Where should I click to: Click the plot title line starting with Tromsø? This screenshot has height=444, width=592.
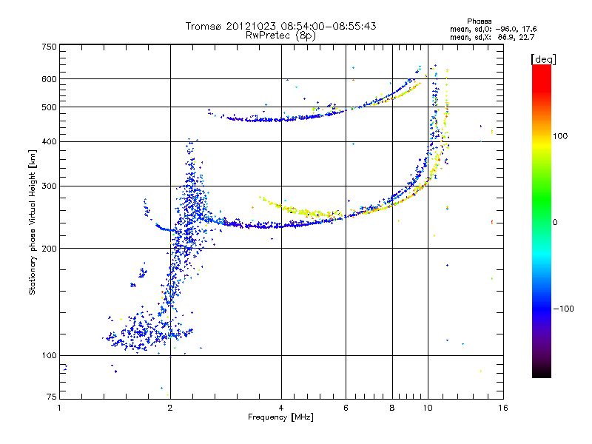[280, 26]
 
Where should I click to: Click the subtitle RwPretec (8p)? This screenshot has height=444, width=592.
[280, 35]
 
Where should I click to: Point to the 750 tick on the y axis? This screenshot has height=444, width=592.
[49, 47]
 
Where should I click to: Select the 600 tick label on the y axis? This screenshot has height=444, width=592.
[49, 79]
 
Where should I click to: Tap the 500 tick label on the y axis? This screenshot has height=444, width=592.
[49, 107]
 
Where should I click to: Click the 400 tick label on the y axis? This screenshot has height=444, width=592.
[49, 142]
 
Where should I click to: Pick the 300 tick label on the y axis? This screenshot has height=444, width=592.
[49, 186]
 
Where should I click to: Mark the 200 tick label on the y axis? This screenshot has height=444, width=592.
[49, 249]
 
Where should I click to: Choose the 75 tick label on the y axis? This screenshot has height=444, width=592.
[51, 397]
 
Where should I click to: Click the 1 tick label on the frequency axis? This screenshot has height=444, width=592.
[59, 408]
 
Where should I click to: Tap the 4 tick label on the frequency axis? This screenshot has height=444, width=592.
[281, 408]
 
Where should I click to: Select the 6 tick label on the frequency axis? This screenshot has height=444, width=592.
[346, 408]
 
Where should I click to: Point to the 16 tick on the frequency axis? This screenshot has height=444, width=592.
[502, 408]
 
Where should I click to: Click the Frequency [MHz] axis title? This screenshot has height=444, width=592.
[280, 417]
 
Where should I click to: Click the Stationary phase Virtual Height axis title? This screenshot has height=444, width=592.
[33, 222]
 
